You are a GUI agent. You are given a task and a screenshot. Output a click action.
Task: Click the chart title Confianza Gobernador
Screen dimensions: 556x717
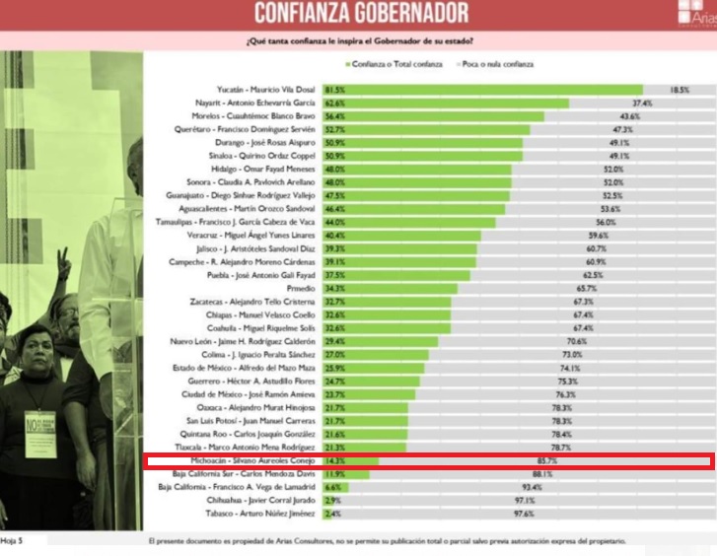[x=360, y=13]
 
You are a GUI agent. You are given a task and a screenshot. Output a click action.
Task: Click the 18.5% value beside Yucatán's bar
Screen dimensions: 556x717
[x=679, y=90]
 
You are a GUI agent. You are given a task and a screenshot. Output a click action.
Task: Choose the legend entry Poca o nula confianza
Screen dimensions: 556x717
[x=496, y=64]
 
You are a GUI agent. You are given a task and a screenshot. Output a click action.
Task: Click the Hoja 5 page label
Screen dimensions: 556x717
[x=12, y=541]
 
